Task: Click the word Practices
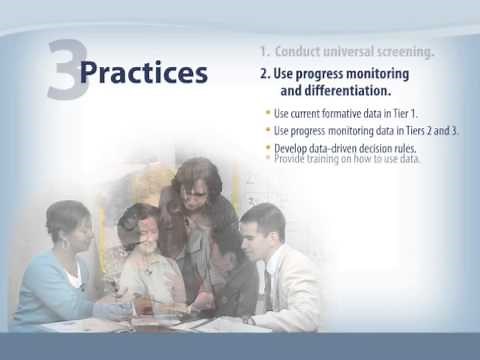pyautogui.click(x=143, y=73)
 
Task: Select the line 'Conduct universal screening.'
pyautogui.click(x=347, y=51)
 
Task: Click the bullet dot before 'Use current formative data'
pyautogui.click(x=267, y=112)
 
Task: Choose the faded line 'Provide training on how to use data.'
pyautogui.click(x=346, y=159)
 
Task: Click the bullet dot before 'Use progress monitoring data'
pyautogui.click(x=267, y=130)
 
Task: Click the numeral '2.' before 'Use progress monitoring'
pyautogui.click(x=265, y=74)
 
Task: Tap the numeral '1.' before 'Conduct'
pyautogui.click(x=264, y=51)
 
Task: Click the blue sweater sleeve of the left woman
pyautogui.click(x=40, y=290)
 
